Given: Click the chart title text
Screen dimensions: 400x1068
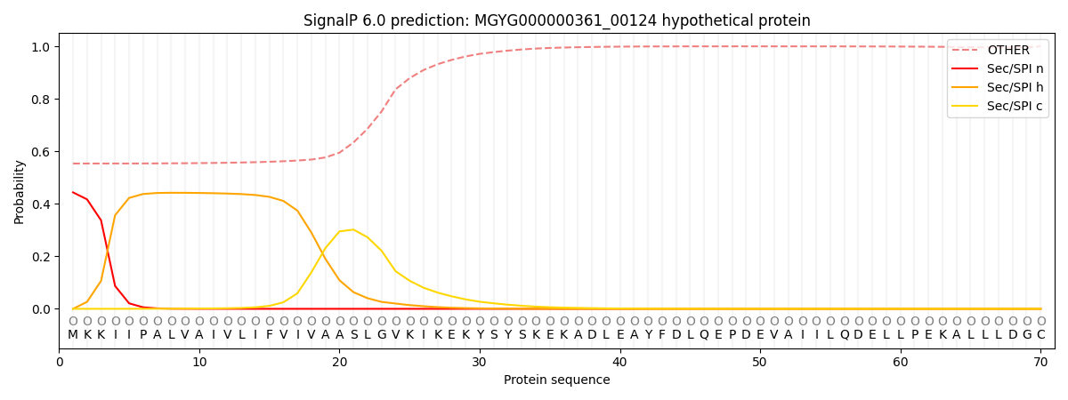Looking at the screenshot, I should pyautogui.click(x=556, y=20).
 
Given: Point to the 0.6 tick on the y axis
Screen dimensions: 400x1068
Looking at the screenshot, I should pyautogui.click(x=42, y=152).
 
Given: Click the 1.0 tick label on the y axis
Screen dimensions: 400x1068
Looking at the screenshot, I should pyautogui.click(x=42, y=47).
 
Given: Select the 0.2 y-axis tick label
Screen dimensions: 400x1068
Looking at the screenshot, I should pyautogui.click(x=42, y=257).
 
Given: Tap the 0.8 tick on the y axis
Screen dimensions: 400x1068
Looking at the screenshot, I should pyautogui.click(x=42, y=100).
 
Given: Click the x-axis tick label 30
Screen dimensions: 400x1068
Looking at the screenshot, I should pyautogui.click(x=480, y=362).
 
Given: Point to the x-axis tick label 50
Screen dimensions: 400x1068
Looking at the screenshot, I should pyautogui.click(x=759, y=362).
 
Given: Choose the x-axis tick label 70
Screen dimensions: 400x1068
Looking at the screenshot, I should pyautogui.click(x=1040, y=362).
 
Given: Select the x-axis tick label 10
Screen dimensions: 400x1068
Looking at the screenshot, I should pyautogui.click(x=199, y=362).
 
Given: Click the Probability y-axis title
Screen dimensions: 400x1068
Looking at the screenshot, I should pyautogui.click(x=20, y=191).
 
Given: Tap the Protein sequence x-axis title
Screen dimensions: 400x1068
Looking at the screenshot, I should pyautogui.click(x=556, y=380).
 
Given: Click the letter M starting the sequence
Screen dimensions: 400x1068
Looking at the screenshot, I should pyautogui.click(x=73, y=335).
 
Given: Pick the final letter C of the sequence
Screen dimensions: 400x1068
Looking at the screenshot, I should pyautogui.click(x=1040, y=335).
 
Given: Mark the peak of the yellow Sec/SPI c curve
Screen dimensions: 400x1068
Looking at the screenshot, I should pyautogui.click(x=353, y=229).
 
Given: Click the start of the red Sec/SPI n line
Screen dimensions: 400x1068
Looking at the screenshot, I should pyautogui.click(x=73, y=192).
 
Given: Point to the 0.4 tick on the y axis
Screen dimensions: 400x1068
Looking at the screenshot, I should pyautogui.click(x=42, y=204).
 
